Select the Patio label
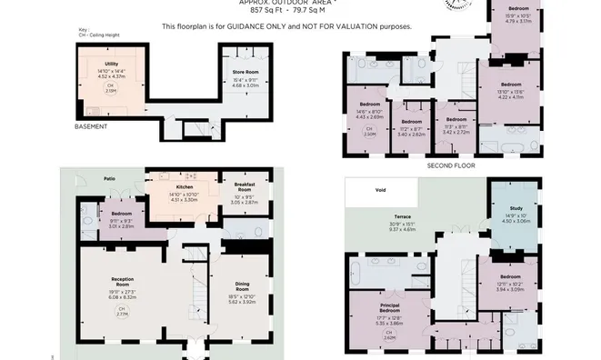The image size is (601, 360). (109, 179)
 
